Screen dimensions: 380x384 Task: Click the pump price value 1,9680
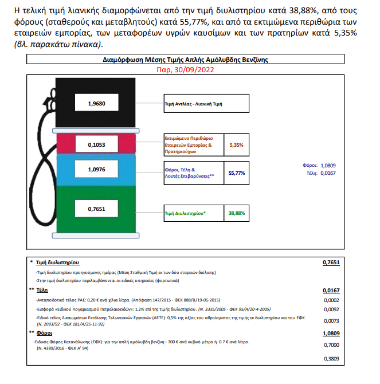(x=96, y=104)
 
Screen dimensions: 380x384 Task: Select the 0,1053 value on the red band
(x=96, y=145)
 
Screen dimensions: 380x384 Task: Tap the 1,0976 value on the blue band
(x=96, y=170)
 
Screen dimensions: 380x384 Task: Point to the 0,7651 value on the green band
(x=96, y=209)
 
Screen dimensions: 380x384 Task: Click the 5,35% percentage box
(x=237, y=145)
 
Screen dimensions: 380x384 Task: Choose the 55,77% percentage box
(x=237, y=173)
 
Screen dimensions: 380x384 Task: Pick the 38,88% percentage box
(x=237, y=213)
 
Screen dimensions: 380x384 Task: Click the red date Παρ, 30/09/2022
(x=185, y=70)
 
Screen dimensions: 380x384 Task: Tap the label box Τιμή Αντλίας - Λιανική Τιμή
(x=206, y=104)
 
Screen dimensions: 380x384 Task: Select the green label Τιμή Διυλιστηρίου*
(x=185, y=213)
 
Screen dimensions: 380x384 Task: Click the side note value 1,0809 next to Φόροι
(x=328, y=166)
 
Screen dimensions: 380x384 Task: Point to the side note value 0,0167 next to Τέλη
(x=328, y=173)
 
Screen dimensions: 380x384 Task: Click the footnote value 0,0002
(x=331, y=300)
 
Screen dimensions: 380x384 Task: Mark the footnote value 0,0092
(x=331, y=309)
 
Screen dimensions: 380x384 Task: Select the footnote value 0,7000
(x=331, y=345)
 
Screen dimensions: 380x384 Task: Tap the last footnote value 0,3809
(x=331, y=359)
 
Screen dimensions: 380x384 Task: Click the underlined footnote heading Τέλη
(x=42, y=290)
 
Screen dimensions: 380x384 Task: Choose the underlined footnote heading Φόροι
(x=44, y=333)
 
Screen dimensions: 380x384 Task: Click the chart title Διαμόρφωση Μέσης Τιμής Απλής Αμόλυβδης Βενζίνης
(x=185, y=60)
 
